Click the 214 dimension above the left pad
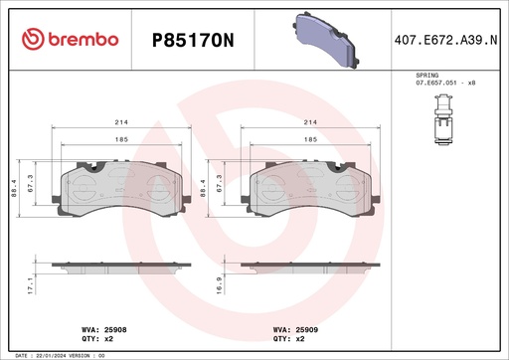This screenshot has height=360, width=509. click(118, 121)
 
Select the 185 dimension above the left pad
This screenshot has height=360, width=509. click(118, 140)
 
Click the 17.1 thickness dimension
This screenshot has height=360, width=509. click(31, 286)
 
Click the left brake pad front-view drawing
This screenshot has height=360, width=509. click(118, 189)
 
